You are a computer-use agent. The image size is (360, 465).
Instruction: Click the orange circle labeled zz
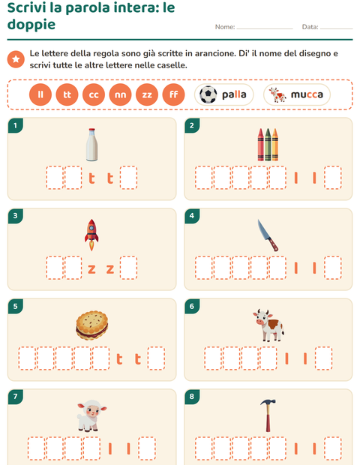[147, 94]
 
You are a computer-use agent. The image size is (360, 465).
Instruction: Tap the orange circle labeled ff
[173, 94]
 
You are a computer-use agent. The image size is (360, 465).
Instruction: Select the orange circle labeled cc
[94, 94]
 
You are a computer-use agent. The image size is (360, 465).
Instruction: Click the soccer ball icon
[208, 94]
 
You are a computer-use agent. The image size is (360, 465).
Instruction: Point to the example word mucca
[307, 94]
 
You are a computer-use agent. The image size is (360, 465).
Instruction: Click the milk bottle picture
[92, 145]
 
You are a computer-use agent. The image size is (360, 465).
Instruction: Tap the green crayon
[268, 145]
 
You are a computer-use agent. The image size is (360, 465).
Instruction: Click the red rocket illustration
[91, 235]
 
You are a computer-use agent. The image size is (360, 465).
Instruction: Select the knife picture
[268, 235]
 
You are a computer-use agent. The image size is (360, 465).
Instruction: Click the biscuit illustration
[92, 325]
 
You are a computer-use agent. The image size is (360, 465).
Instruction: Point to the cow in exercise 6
[268, 325]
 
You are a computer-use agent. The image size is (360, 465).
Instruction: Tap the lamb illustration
[91, 415]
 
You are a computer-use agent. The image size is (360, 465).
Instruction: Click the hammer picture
[268, 415]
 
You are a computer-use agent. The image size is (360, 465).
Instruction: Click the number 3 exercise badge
[16, 215]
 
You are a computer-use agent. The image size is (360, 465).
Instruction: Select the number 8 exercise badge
[192, 397]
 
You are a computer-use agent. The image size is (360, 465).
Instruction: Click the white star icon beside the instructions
[16, 59]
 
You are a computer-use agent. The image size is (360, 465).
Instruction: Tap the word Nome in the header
[225, 27]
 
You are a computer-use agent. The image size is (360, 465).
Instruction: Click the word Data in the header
[310, 27]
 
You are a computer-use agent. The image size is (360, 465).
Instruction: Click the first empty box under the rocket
[55, 268]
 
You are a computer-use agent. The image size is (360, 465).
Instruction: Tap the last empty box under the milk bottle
[129, 178]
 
